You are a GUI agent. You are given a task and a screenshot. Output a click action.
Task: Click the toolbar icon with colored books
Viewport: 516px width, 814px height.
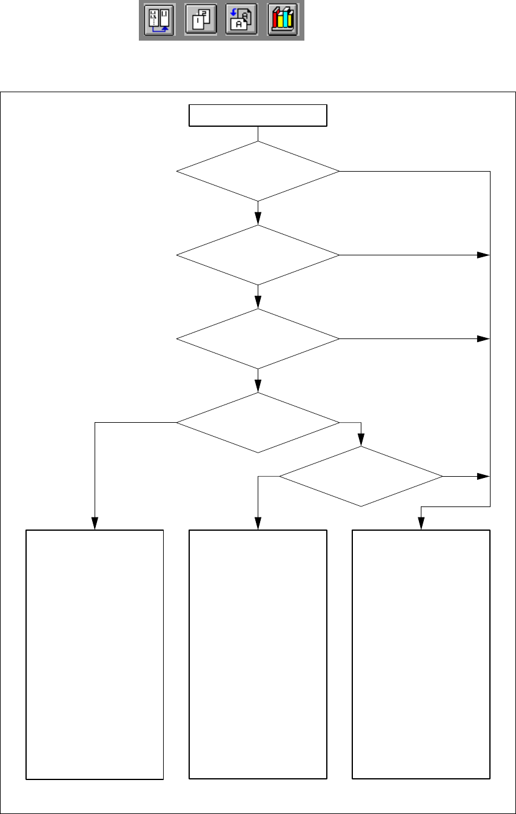pos(281,20)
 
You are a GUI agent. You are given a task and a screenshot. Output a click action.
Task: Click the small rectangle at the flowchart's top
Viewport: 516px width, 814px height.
pos(258,115)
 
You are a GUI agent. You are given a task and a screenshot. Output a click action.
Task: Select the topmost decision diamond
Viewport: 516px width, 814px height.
pos(258,172)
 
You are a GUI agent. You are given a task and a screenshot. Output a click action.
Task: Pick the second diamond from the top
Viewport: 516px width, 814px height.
pos(258,255)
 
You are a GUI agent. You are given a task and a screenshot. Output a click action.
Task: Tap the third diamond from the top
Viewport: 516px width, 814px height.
pos(258,338)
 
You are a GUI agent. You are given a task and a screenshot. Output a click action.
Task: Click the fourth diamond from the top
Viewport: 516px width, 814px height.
pos(258,422)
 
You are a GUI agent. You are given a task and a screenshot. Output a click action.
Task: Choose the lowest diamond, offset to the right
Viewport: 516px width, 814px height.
pos(361,477)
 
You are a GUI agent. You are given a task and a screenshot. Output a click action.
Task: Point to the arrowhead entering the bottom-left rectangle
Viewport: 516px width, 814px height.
pos(95,524)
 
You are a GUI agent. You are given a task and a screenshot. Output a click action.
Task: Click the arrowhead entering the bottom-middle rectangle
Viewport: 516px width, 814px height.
pos(258,524)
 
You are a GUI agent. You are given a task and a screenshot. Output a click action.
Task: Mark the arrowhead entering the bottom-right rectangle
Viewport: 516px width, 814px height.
pos(421,524)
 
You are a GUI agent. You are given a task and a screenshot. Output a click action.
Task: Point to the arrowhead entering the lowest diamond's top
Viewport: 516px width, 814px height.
pos(361,441)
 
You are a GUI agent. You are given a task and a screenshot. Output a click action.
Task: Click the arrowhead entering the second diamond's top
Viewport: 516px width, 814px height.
pos(258,220)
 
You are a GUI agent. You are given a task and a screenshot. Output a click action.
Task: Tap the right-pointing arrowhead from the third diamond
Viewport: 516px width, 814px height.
pos(483,338)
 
